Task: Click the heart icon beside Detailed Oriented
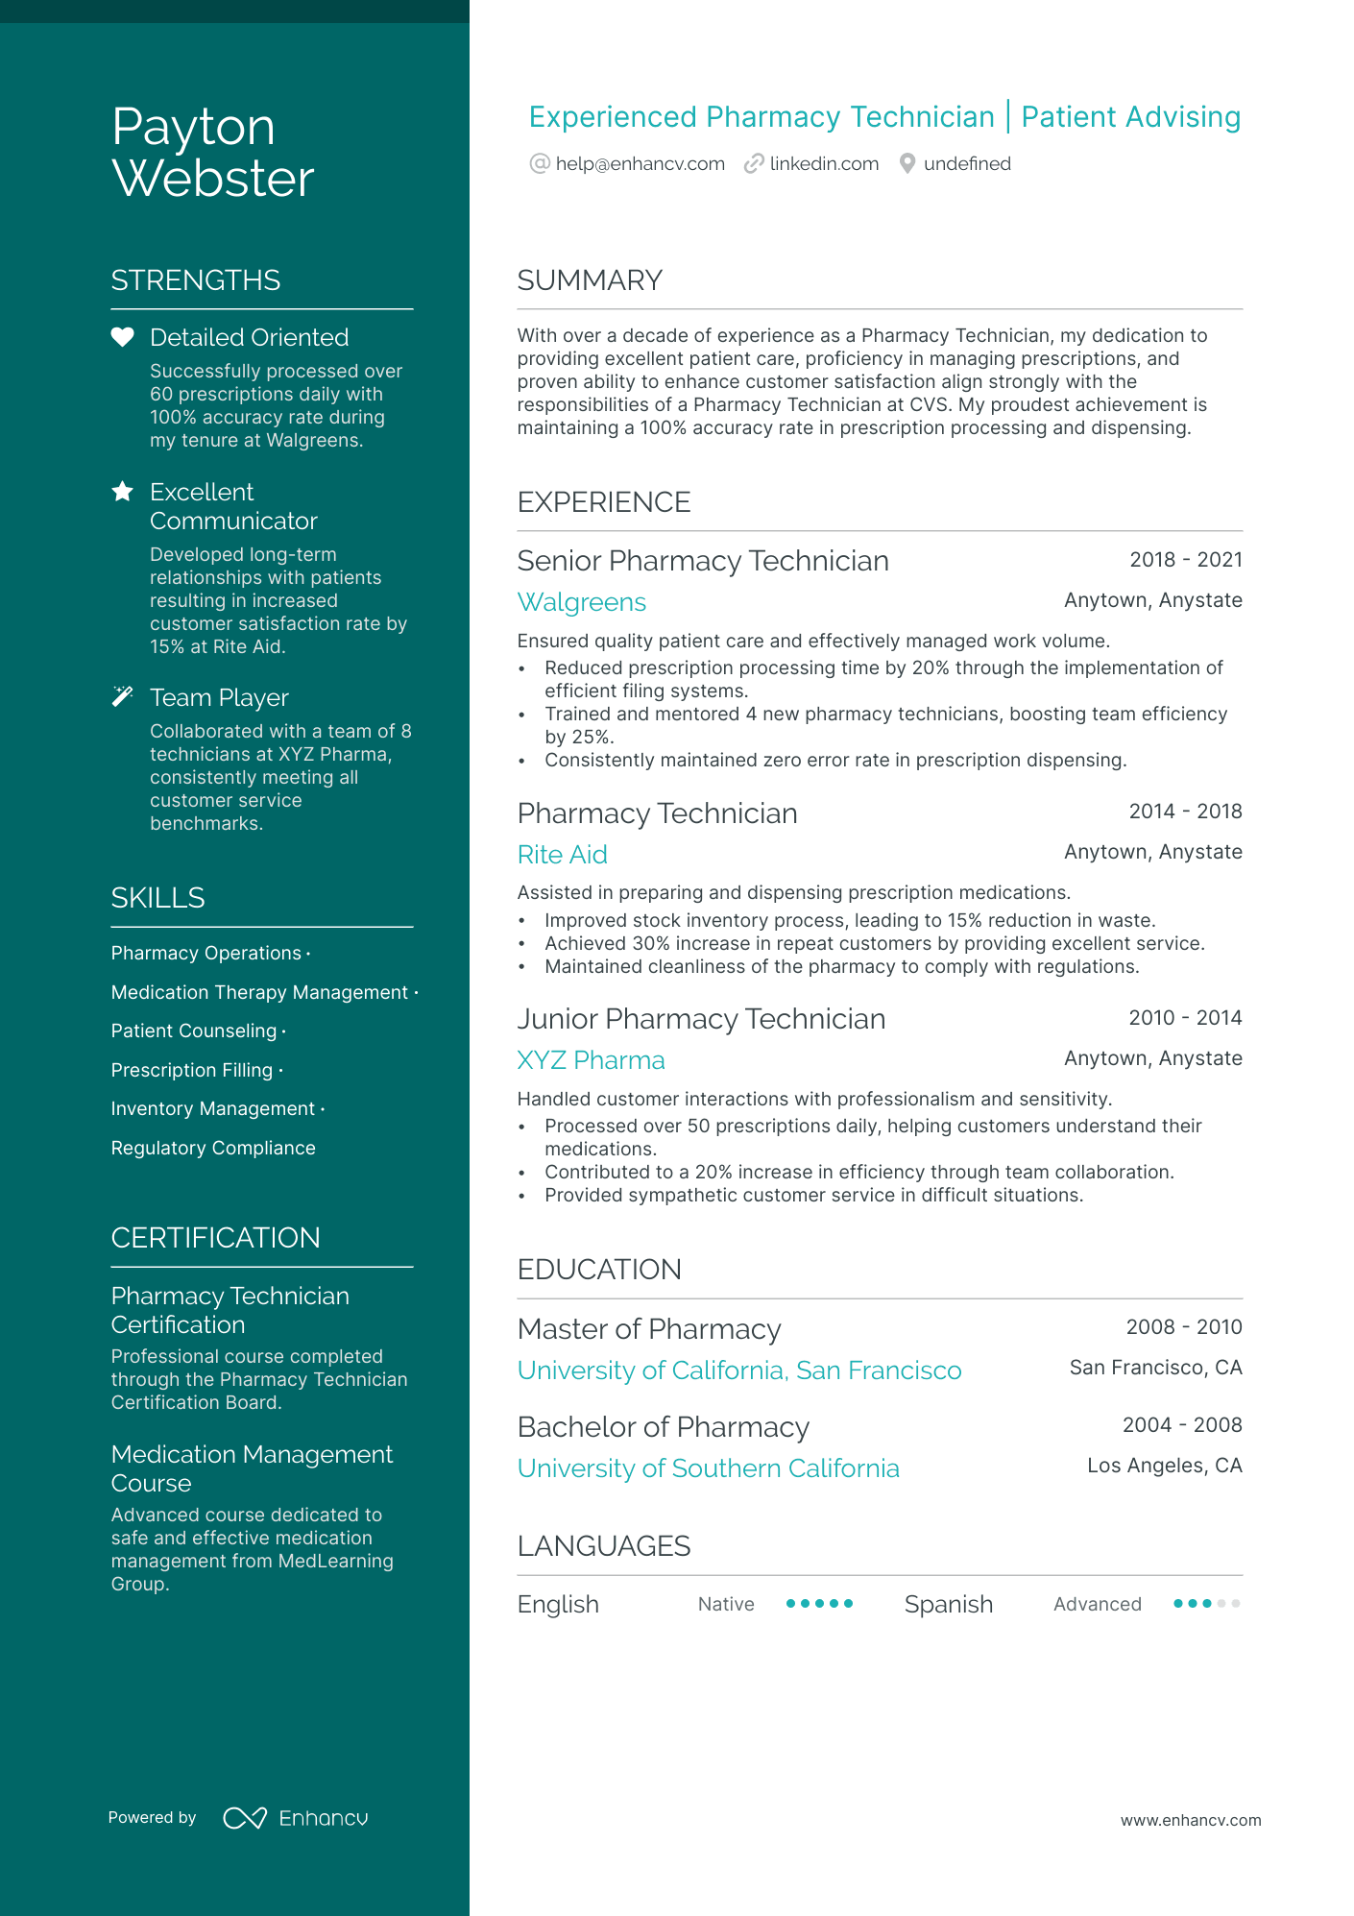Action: [x=122, y=337]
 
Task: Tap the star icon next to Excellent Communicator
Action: [x=122, y=492]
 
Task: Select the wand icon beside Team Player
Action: [x=122, y=696]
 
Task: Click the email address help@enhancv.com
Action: [x=640, y=164]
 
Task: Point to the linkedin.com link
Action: [x=824, y=164]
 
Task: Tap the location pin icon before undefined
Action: [x=907, y=164]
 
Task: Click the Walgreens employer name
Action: [x=581, y=602]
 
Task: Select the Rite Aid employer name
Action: [x=562, y=855]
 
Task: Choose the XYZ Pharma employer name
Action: [x=591, y=1060]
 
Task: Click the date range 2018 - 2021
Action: [x=1185, y=560]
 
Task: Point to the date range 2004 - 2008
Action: [x=1181, y=1425]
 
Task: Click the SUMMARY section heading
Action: [x=590, y=280]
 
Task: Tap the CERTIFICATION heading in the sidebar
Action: [x=215, y=1238]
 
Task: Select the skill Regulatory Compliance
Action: [x=213, y=1149]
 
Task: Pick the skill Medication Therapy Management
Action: [x=259, y=993]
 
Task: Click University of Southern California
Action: [x=708, y=1468]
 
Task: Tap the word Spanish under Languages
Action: [x=948, y=1605]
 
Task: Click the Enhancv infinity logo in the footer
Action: [x=245, y=1818]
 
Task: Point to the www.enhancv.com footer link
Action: [x=1190, y=1821]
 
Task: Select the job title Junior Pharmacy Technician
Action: [x=701, y=1019]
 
